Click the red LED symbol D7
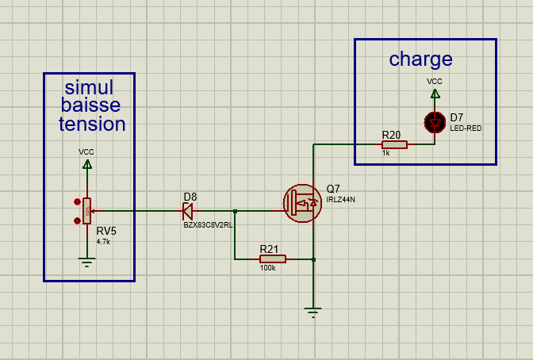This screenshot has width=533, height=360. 435,121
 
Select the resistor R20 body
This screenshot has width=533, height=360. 394,144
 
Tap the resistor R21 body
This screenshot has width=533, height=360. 272,259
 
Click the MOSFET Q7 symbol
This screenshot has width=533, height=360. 301,202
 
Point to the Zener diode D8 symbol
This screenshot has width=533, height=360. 188,211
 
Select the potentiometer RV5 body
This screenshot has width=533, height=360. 86,211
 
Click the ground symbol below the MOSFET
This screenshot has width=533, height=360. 314,312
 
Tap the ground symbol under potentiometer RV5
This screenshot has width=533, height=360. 86,262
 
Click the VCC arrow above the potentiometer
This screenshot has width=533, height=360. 86,164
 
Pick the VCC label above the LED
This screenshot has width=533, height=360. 435,81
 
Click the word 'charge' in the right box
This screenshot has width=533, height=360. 420,59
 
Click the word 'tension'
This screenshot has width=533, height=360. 92,124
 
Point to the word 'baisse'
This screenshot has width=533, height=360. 90,105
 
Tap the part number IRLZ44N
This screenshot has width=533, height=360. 340,200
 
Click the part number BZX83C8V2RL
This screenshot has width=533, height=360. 208,225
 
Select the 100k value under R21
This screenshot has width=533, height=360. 267,268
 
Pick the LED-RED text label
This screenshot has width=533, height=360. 466,128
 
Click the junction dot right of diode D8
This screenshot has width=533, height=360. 236,211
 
